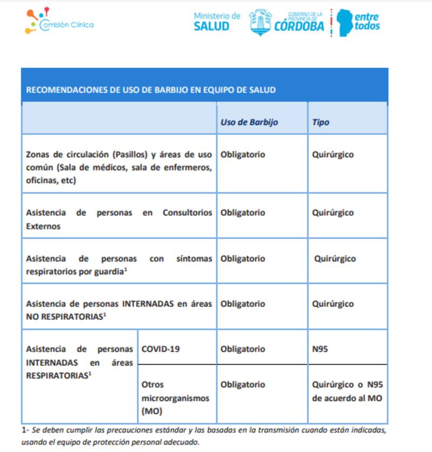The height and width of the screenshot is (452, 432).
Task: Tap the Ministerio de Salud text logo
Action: (x=217, y=21)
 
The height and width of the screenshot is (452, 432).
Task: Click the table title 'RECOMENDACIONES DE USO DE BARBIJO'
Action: (x=151, y=90)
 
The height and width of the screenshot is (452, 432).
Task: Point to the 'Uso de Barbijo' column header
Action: (x=249, y=122)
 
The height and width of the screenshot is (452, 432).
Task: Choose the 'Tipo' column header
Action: (x=321, y=122)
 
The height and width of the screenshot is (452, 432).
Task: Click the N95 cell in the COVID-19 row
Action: (x=320, y=349)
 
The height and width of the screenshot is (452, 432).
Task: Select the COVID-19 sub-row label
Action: (x=160, y=349)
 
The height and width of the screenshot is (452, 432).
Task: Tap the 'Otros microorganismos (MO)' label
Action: (x=167, y=398)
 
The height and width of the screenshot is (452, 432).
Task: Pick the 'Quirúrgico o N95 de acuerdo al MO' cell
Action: (x=347, y=392)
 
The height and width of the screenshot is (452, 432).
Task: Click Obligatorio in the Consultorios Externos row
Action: (x=242, y=213)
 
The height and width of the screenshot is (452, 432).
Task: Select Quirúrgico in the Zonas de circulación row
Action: (x=333, y=154)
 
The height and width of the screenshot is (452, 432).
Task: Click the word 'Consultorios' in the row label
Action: (x=187, y=213)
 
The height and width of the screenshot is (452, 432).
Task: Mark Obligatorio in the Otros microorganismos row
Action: (x=242, y=384)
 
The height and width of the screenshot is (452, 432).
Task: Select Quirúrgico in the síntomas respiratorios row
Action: (x=335, y=259)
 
